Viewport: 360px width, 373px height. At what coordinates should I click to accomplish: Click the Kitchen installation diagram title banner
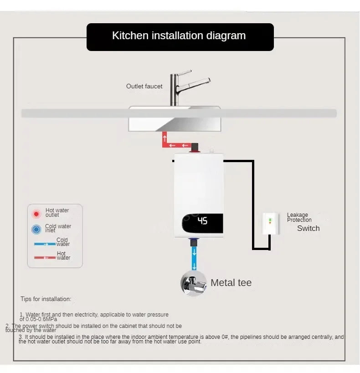pyautogui.click(x=180, y=36)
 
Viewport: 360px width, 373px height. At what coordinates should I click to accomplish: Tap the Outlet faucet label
pyautogui.click(x=144, y=86)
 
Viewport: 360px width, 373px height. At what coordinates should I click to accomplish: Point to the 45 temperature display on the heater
pyautogui.click(x=202, y=221)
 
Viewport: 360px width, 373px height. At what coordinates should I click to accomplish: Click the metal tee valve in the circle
pyautogui.click(x=193, y=283)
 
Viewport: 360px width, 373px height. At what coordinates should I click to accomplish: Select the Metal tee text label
pyautogui.click(x=231, y=283)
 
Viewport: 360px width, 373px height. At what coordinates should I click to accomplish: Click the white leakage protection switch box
pyautogui.click(x=270, y=224)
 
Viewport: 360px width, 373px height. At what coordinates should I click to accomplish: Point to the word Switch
pyautogui.click(x=308, y=229)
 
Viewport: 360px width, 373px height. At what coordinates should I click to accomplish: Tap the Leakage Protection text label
pyautogui.click(x=299, y=217)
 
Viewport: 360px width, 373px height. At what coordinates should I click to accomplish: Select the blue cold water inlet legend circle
pyautogui.click(x=36, y=229)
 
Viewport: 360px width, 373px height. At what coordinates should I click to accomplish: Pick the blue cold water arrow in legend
pyautogui.click(x=45, y=244)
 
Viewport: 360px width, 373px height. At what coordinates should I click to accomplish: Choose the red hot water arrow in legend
pyautogui.click(x=45, y=258)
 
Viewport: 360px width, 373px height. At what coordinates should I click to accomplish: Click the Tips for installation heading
pyautogui.click(x=46, y=299)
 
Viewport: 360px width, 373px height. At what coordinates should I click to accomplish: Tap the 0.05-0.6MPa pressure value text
pyautogui.click(x=38, y=319)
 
